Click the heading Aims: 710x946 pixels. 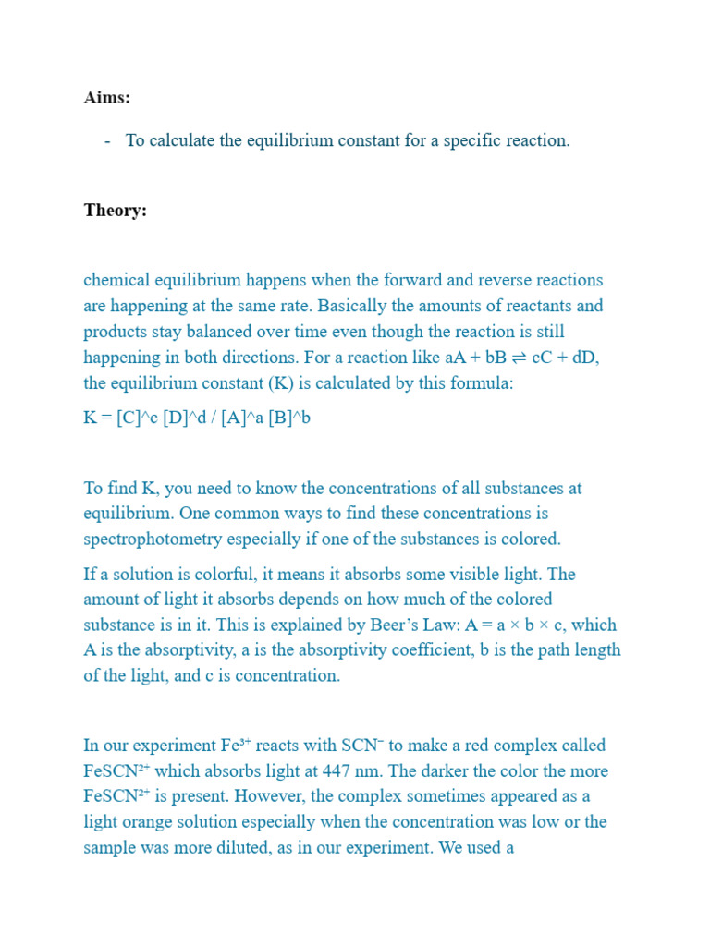coord(107,98)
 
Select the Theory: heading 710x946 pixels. coord(116,211)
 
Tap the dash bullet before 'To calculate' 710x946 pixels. coord(108,141)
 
